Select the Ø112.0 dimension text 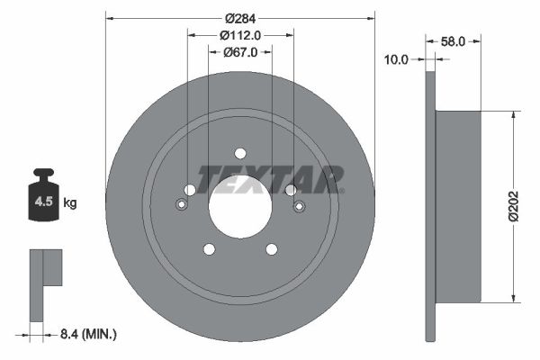click(239, 36)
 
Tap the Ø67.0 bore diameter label click(239, 52)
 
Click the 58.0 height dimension click(455, 41)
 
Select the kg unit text click(70, 203)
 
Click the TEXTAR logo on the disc click(270, 178)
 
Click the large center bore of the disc click(239, 205)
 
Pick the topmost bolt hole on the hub click(239, 153)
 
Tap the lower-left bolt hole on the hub click(209, 248)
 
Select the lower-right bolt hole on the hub click(271, 248)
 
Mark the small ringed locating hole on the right click(299, 206)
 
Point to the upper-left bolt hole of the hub click(190, 189)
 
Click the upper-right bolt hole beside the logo click(290, 189)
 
